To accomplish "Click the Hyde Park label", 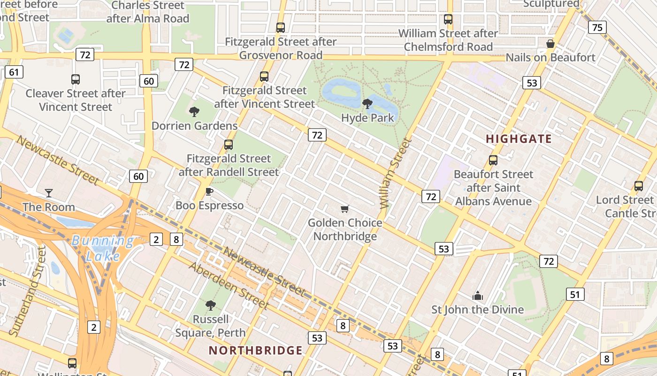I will pyautogui.click(x=367, y=117).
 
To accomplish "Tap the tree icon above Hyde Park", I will pyautogui.click(x=367, y=103).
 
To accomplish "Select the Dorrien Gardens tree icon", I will pyautogui.click(x=194, y=111).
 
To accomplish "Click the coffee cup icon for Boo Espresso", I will pyautogui.click(x=209, y=191).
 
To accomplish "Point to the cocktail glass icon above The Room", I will pyautogui.click(x=48, y=193).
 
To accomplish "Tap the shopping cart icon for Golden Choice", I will pyautogui.click(x=345, y=209).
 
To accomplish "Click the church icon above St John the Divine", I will pyautogui.click(x=478, y=296).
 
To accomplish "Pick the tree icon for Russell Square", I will pyautogui.click(x=211, y=305).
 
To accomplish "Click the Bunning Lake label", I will pyautogui.click(x=102, y=248).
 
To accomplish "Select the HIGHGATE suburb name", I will pyautogui.click(x=519, y=139).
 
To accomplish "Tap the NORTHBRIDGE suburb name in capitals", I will pyautogui.click(x=256, y=350).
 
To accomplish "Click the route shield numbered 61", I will pyautogui.click(x=14, y=72).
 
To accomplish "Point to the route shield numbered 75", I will pyautogui.click(x=597, y=27).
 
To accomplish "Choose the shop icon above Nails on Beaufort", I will pyautogui.click(x=550, y=44).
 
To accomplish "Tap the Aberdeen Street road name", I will pyautogui.click(x=229, y=286).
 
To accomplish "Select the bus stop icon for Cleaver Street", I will pyautogui.click(x=75, y=79).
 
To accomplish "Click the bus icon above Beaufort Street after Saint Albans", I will pyautogui.click(x=493, y=160).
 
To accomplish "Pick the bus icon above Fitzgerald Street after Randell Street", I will pyautogui.click(x=229, y=144).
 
